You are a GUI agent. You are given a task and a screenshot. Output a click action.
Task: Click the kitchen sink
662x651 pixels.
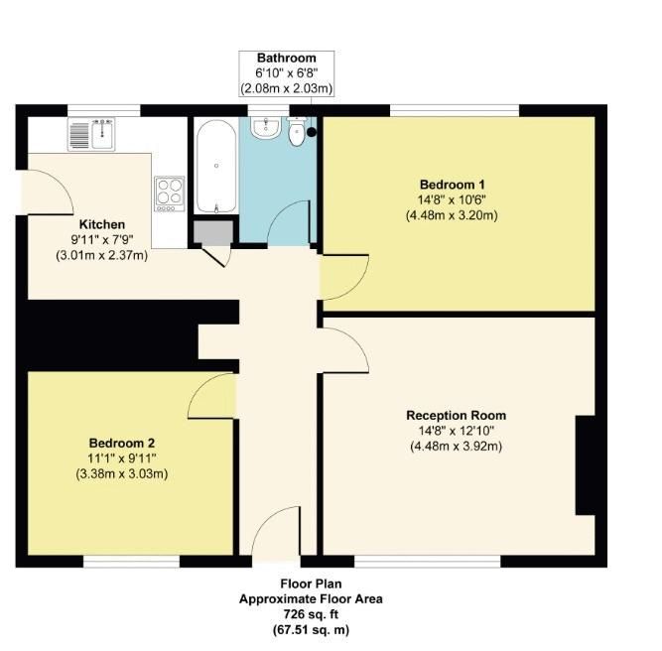pos(92,134)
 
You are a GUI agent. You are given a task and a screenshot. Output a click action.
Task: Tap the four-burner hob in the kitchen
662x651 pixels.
pos(170,191)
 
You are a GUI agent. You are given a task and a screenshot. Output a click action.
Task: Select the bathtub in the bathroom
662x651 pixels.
pos(215,166)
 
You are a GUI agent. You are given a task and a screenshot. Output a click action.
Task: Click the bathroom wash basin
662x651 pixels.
pos(263,130)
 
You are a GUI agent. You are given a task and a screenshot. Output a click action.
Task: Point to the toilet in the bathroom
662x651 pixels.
pos(297,135)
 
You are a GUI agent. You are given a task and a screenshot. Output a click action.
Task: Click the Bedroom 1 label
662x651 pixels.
pos(452,185)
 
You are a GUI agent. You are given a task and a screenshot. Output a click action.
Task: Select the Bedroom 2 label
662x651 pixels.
pos(121,443)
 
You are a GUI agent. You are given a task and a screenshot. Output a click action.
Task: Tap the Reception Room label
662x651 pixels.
pos(456,416)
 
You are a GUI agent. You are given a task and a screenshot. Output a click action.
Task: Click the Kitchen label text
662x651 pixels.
pos(102,224)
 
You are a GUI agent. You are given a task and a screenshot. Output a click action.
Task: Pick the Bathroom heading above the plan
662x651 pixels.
pos(286,59)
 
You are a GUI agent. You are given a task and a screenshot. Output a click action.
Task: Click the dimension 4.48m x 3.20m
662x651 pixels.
pos(452,215)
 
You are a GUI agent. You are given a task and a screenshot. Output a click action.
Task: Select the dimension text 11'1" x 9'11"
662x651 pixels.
pos(122,457)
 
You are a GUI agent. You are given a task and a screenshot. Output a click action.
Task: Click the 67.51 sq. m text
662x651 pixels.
pos(310,629)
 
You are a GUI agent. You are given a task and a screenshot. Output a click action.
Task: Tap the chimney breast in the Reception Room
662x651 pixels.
pos(587,465)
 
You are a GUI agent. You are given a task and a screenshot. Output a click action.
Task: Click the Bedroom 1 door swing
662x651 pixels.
pos(342,277)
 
